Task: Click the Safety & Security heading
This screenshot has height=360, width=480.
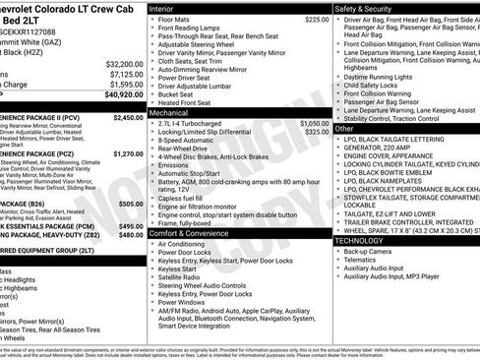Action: (x=369, y=7)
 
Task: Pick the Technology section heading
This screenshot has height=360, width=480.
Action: (x=360, y=240)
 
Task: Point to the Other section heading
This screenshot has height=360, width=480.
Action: (x=344, y=128)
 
